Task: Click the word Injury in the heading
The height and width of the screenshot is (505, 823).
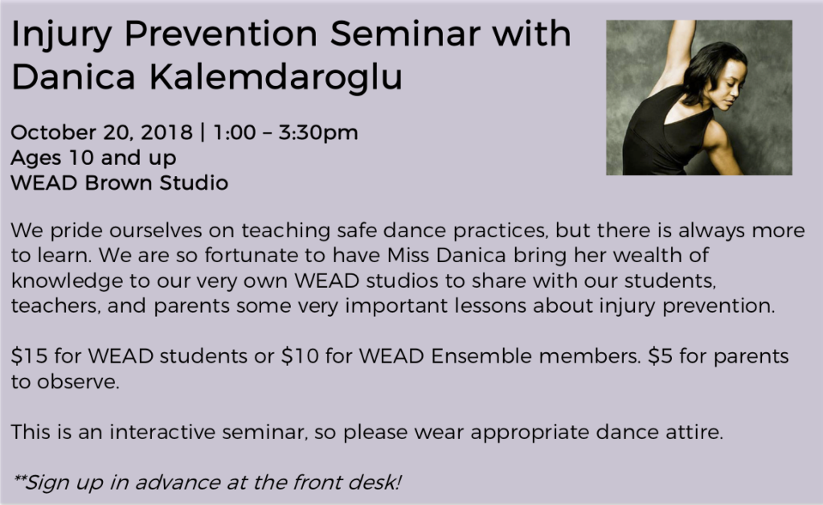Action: coord(61,35)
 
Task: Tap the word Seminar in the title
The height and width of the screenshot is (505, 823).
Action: coord(405,34)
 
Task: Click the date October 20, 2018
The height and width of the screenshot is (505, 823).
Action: coord(102,133)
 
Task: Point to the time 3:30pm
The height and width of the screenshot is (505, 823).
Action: coord(318,133)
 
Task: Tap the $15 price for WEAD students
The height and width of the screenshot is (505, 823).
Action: coord(30,356)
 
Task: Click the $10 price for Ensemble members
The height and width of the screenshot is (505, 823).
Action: coord(300,356)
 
